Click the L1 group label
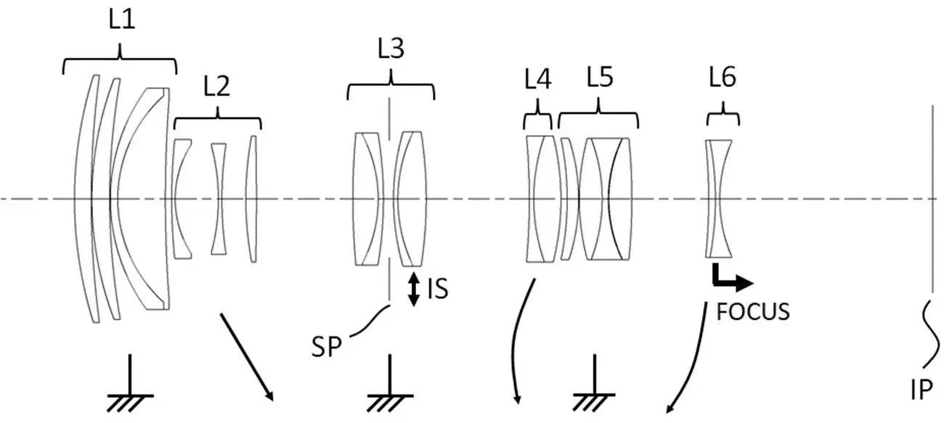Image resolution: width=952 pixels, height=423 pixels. click(122, 20)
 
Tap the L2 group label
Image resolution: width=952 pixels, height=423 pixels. click(216, 86)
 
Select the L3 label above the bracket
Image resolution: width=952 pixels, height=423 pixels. click(391, 48)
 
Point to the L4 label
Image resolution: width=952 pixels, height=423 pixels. click(538, 79)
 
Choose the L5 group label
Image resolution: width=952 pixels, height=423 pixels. click(600, 78)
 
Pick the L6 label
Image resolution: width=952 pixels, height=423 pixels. click(723, 78)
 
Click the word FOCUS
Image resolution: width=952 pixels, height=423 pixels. click(753, 312)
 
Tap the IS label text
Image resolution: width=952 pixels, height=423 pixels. click(438, 289)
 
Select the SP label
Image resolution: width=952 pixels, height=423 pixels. click(326, 347)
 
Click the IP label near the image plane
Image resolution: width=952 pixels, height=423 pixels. click(922, 390)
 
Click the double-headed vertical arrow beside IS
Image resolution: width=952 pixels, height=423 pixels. click(413, 289)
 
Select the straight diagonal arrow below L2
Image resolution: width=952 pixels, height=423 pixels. click(246, 357)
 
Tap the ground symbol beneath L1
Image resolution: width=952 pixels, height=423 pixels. click(130, 383)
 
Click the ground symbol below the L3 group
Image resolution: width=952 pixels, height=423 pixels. click(390, 383)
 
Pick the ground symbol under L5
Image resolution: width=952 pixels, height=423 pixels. click(594, 383)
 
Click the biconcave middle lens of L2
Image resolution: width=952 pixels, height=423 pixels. click(219, 199)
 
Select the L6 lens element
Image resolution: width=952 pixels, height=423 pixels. click(719, 199)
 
